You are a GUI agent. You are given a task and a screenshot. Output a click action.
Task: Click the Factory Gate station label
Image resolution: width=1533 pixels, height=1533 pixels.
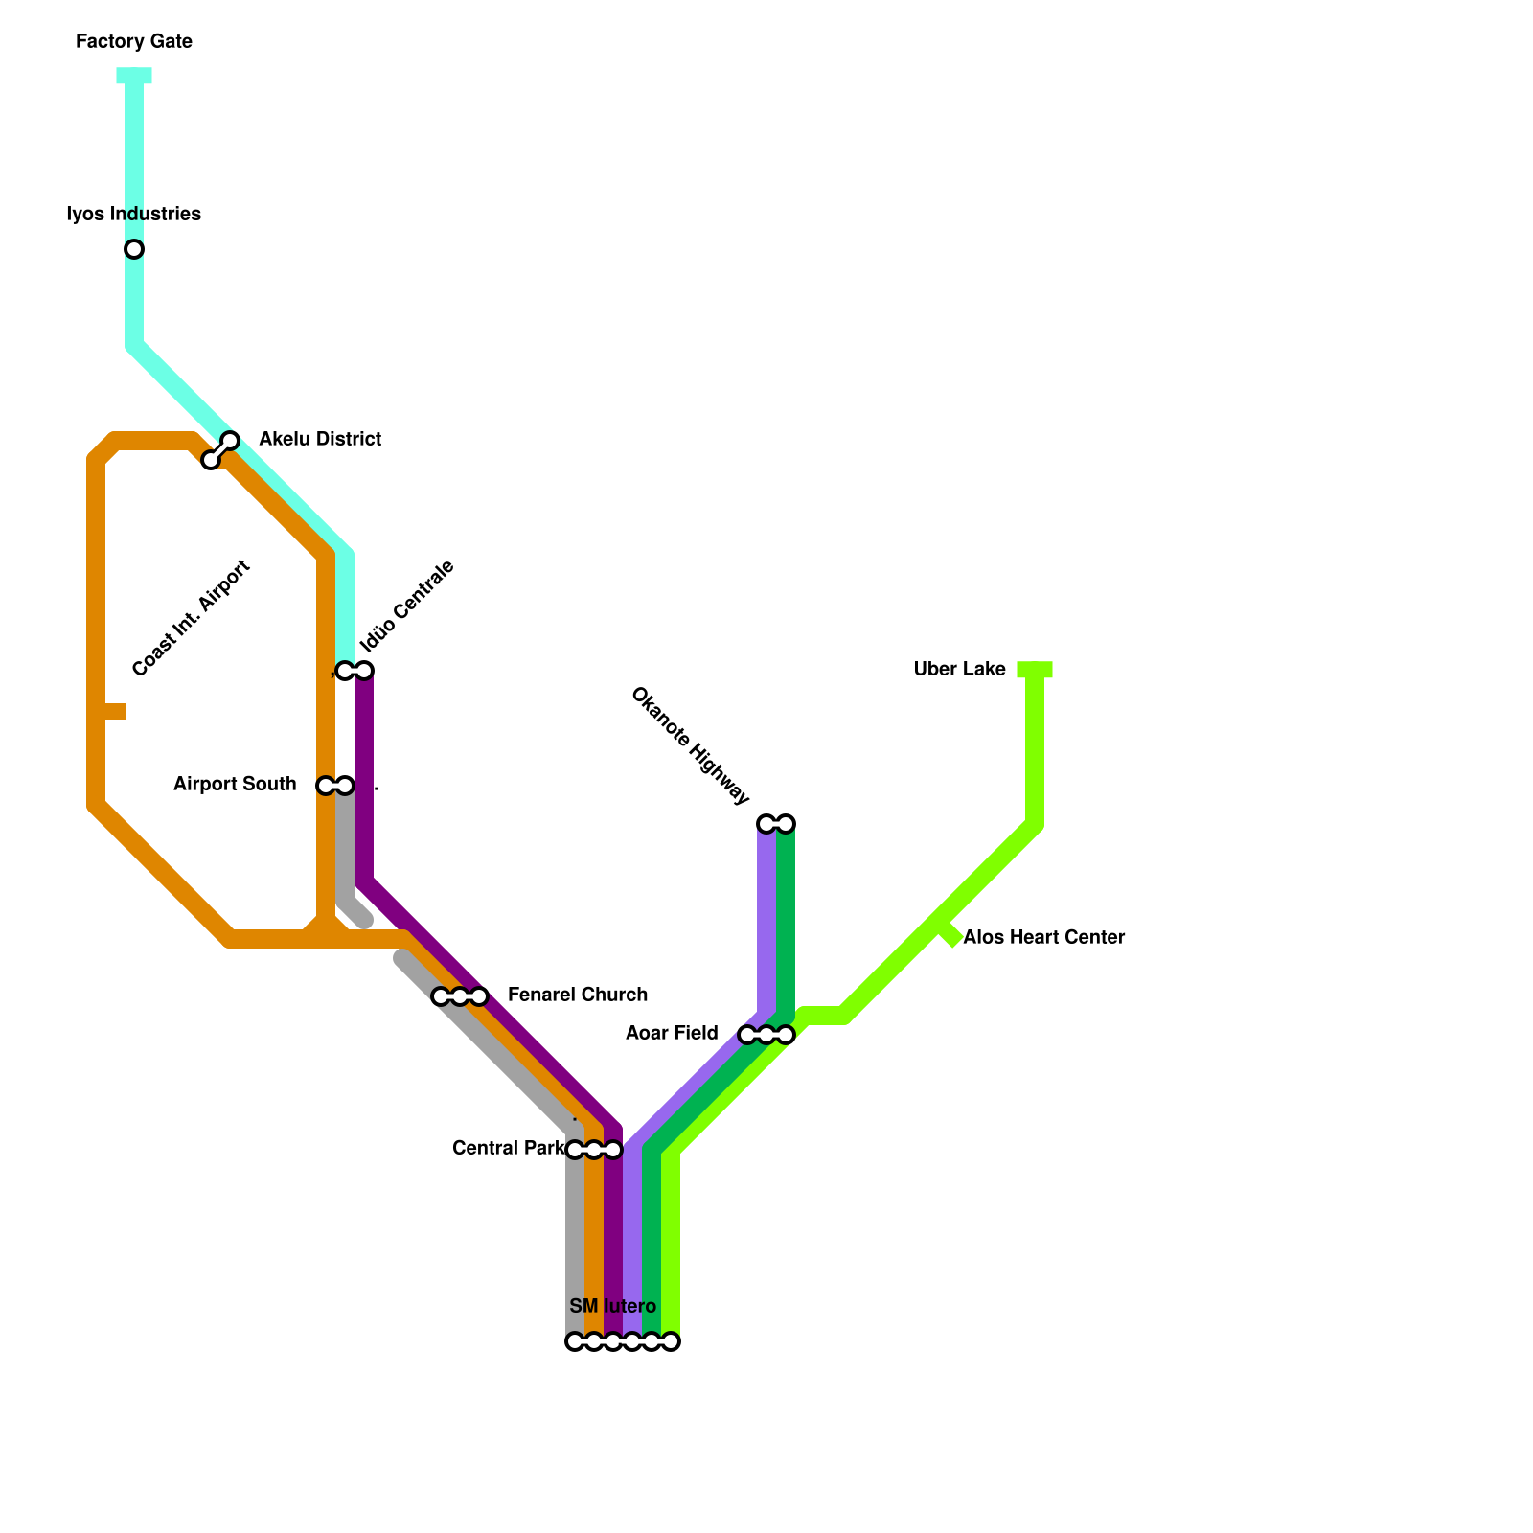(x=134, y=42)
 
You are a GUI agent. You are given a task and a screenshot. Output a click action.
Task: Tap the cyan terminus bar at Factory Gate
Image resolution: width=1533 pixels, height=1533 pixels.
(x=134, y=76)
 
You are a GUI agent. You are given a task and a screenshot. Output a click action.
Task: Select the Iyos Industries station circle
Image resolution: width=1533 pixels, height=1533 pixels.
(x=134, y=249)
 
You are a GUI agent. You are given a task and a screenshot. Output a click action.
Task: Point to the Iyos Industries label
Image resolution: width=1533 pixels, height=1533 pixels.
(x=134, y=214)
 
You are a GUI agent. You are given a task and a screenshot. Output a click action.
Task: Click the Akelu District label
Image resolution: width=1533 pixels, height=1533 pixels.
(x=320, y=440)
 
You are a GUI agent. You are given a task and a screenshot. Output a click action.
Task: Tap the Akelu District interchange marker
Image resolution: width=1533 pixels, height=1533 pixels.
(x=220, y=450)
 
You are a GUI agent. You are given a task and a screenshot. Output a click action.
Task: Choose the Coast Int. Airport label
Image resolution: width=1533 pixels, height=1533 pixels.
(x=192, y=618)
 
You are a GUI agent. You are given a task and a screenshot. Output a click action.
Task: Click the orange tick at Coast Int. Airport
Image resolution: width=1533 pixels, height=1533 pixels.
(x=112, y=711)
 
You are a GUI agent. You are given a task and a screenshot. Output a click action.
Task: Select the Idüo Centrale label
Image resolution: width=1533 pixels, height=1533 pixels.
(x=406, y=606)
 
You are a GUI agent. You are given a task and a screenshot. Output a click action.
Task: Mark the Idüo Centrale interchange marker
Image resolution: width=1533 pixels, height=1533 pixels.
(x=355, y=670)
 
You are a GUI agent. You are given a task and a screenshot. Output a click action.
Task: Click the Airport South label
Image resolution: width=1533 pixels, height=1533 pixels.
(x=235, y=785)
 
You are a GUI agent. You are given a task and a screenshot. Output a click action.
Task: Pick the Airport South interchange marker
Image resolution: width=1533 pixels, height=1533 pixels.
(x=335, y=786)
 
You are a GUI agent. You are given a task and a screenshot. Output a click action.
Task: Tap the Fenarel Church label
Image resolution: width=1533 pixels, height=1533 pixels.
(x=578, y=995)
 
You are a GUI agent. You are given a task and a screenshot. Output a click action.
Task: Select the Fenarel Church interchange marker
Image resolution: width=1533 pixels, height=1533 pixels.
(x=460, y=996)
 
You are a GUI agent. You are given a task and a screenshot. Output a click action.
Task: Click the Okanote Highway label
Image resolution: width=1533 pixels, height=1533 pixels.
(x=690, y=745)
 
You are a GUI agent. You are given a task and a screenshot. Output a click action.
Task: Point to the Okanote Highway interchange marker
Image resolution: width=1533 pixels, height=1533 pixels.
(x=776, y=823)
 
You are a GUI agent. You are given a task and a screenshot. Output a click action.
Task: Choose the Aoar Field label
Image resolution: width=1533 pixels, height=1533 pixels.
(x=672, y=1034)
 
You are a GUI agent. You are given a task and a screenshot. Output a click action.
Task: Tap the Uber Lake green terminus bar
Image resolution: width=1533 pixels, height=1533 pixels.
(x=1035, y=670)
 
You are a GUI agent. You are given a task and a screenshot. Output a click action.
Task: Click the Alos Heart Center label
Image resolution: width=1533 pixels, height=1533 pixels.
(x=1043, y=938)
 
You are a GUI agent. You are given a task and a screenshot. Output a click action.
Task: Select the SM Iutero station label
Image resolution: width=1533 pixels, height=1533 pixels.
(x=612, y=1307)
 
